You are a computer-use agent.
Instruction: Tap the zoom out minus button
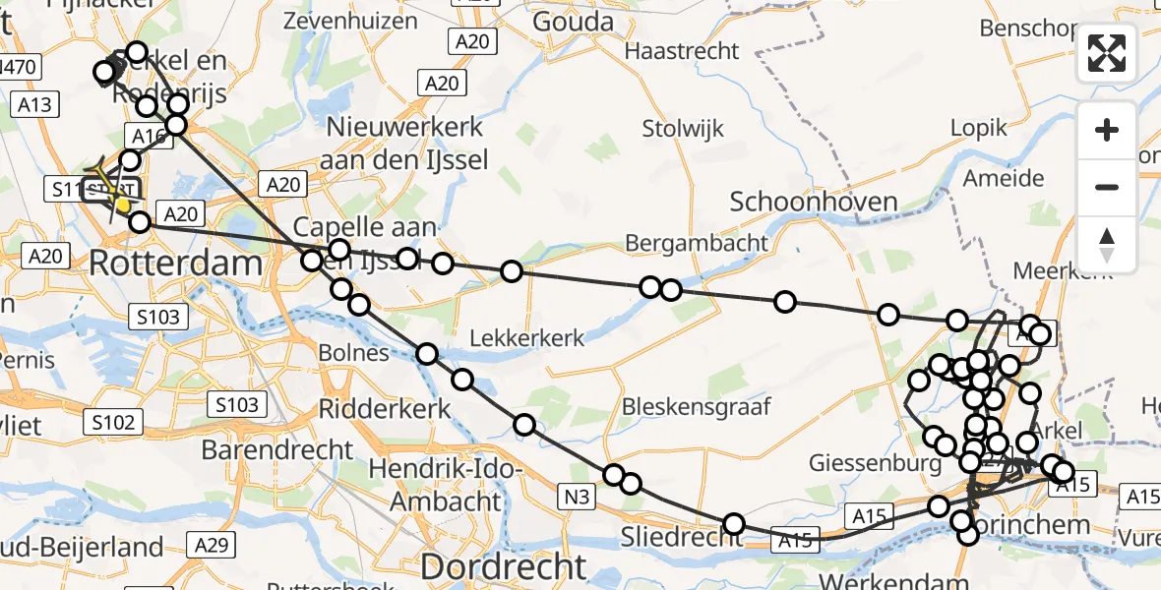tap(1107, 187)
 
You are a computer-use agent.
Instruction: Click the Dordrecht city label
tap(503, 566)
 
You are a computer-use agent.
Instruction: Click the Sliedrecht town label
tap(683, 537)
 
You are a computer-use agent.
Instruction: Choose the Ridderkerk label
tap(385, 409)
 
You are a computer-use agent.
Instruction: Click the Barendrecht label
tap(276, 450)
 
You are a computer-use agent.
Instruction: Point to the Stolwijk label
tap(683, 128)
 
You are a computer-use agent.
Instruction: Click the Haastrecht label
tap(681, 51)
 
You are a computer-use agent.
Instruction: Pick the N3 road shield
tap(578, 498)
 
